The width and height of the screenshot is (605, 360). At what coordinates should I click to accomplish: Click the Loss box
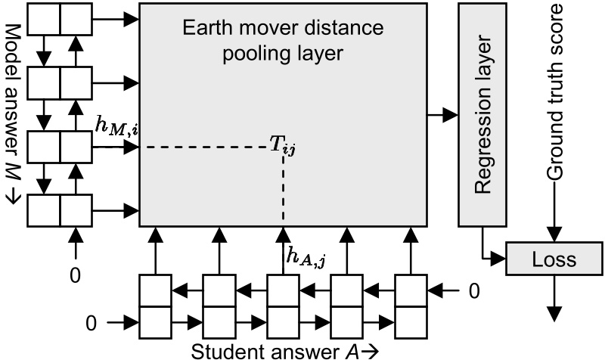(x=554, y=259)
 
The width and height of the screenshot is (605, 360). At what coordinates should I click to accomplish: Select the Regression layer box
(x=483, y=113)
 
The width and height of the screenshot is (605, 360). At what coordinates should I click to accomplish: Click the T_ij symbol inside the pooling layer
(x=283, y=145)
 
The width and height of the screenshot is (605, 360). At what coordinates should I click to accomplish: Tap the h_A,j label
(x=306, y=259)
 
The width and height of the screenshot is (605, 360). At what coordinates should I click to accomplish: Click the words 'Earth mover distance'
(x=284, y=29)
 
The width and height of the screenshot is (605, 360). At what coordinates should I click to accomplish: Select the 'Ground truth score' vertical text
(x=557, y=91)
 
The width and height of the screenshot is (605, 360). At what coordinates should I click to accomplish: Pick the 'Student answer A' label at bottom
(x=284, y=350)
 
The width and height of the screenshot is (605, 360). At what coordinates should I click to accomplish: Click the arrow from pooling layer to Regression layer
(x=442, y=115)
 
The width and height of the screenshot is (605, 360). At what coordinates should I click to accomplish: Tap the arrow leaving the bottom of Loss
(x=556, y=298)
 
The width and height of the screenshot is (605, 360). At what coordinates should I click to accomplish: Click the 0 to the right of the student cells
(x=473, y=290)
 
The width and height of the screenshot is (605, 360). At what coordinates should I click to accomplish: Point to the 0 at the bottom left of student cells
(x=92, y=324)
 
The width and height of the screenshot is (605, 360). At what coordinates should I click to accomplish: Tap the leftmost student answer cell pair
(x=154, y=306)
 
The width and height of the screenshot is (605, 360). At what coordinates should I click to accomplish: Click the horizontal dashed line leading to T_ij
(x=204, y=145)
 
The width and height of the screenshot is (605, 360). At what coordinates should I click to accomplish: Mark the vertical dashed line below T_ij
(x=283, y=189)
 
